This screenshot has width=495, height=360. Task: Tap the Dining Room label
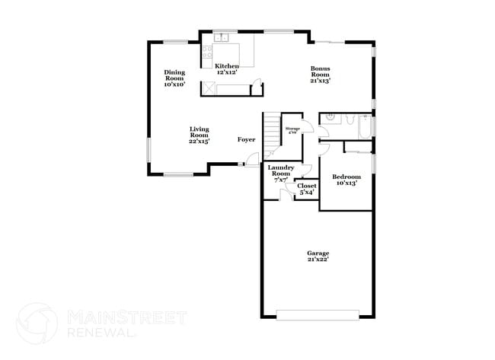174,78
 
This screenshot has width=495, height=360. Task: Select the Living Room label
200,135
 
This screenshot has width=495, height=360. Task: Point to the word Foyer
246,139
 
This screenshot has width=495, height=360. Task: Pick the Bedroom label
345,180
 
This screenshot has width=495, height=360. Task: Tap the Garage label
318,256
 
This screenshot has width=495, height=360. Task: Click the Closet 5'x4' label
307,189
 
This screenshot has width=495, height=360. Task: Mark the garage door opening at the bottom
318,314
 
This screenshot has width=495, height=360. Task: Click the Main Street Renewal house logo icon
37,323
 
